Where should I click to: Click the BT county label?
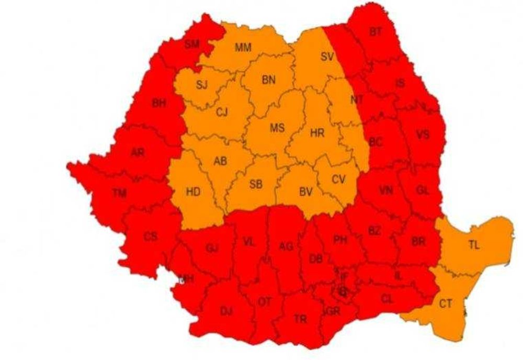point(376,32)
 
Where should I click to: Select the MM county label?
point(243,48)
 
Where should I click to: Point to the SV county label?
point(327,57)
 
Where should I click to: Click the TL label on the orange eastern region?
point(474,246)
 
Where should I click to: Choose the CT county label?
point(446,303)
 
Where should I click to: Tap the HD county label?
point(193,192)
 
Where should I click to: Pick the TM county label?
point(119,193)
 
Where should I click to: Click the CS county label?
point(151,237)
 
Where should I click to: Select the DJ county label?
point(226,311)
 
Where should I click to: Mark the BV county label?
point(305,192)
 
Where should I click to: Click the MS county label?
point(277,128)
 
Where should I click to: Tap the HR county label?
point(317,133)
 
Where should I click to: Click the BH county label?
point(159,104)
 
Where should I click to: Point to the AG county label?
point(286,246)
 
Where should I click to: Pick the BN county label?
point(268,80)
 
